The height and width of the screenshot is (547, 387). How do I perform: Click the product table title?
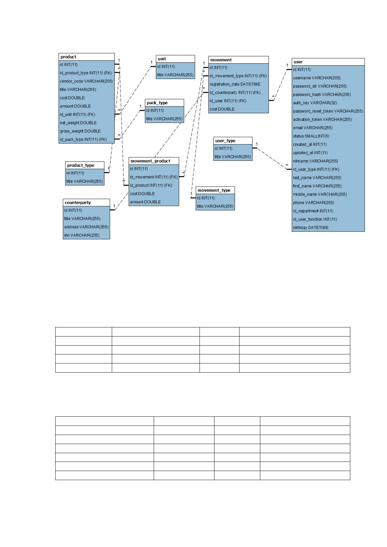[x=69, y=57]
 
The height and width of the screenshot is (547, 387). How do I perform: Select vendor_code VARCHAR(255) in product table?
[x=86, y=81]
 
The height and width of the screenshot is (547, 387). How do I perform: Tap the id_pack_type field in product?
[x=83, y=139]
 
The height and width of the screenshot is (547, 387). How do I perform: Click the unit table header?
[x=162, y=59]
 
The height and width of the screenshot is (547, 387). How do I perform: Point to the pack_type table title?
[x=157, y=103]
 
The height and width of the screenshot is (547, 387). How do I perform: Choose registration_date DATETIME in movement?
[x=235, y=84]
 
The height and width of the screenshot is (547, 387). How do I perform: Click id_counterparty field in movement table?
[x=235, y=93]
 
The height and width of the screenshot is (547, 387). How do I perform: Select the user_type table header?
[x=225, y=141]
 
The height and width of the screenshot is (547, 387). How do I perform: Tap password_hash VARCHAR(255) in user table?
[x=322, y=95]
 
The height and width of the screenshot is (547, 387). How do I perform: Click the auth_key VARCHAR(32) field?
[x=315, y=103]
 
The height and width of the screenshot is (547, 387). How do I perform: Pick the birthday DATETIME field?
[x=311, y=228]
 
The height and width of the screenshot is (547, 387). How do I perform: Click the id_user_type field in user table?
[x=316, y=169]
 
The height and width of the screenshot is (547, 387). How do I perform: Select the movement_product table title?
[x=150, y=161]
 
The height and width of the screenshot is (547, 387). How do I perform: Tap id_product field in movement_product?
[x=151, y=185]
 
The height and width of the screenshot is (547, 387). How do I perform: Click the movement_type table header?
[x=214, y=190]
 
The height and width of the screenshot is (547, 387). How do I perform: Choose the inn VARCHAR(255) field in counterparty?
[x=82, y=235]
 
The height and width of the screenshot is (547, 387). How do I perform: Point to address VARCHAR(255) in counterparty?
[x=86, y=227]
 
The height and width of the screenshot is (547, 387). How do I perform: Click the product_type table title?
[x=81, y=165]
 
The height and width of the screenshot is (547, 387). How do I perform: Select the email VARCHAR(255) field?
[x=313, y=128]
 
